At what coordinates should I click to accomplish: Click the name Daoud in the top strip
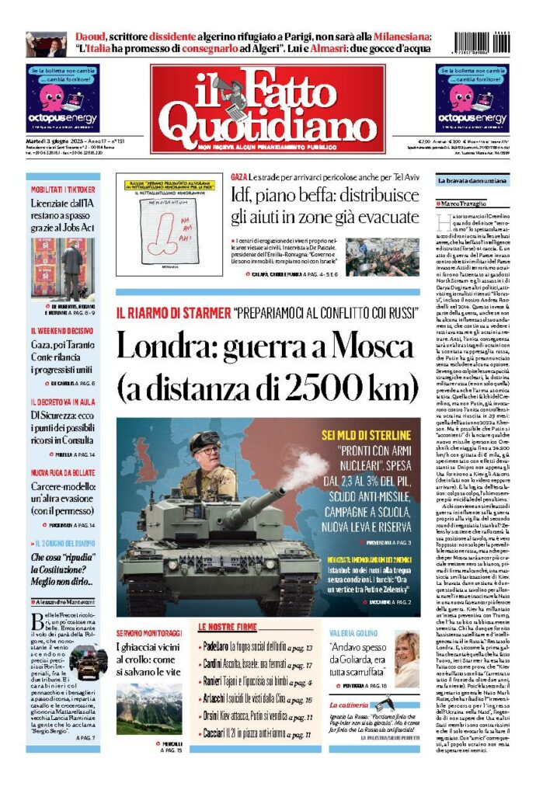[x=92, y=36]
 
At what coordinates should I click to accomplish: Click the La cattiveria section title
[x=354, y=704]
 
